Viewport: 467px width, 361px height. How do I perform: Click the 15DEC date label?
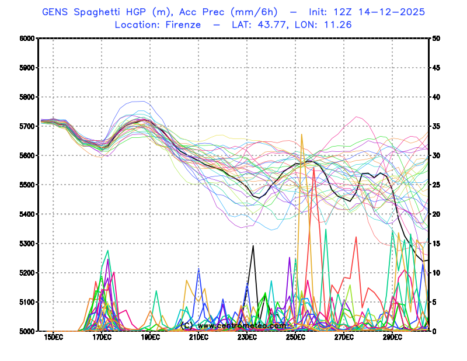click(53, 338)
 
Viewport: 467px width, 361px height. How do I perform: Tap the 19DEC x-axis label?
click(150, 338)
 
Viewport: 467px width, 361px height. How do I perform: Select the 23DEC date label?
click(247, 338)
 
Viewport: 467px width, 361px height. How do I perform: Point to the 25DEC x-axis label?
click(295, 338)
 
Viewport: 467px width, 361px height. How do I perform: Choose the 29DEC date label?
click(392, 338)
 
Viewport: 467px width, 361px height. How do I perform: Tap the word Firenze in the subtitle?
click(183, 25)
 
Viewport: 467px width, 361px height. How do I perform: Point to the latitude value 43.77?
click(277, 25)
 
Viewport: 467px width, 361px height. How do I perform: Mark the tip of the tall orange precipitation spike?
click(302, 135)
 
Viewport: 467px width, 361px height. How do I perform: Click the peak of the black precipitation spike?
click(253, 245)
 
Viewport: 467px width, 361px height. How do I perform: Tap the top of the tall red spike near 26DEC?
click(314, 168)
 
